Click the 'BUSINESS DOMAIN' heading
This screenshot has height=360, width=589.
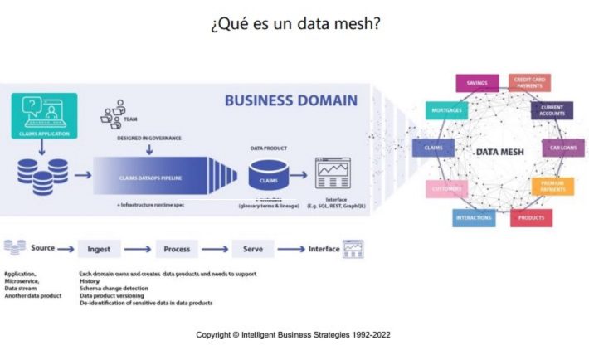coord(290,101)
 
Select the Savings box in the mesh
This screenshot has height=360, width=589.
coord(476,82)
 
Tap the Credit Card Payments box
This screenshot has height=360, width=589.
coord(528,83)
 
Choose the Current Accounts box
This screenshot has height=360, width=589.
coord(552,110)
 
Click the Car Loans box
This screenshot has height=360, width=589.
coord(563,148)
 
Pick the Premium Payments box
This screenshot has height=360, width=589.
coord(552,186)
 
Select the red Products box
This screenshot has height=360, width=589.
coord(530,217)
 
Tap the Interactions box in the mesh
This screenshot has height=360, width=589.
coord(475,218)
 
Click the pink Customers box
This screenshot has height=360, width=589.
coord(446,189)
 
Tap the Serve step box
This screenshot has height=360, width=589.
coord(252,248)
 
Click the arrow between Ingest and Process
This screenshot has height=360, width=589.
coord(141,248)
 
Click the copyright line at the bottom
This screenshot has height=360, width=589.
coord(293,334)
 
